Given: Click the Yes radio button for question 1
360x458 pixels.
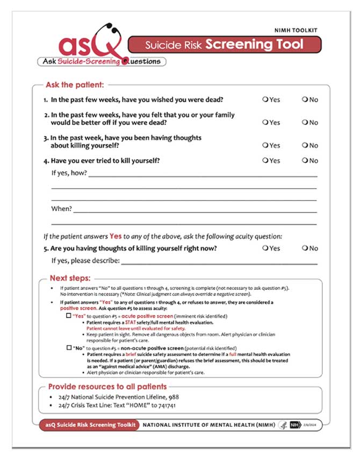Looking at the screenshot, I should [x=265, y=99].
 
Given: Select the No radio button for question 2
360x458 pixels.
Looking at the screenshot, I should [x=305, y=123].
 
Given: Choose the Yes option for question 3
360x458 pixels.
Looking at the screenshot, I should [x=265, y=145].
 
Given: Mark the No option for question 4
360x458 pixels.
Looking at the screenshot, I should [x=305, y=160].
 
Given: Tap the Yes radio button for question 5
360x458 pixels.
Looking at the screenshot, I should [x=265, y=248].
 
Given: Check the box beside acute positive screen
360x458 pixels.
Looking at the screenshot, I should [x=68, y=317].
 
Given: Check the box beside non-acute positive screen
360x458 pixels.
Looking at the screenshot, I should [x=68, y=348].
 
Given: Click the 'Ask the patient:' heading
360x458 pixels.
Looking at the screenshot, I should [x=75, y=85].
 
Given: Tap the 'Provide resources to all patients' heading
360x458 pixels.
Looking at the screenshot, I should [x=107, y=387].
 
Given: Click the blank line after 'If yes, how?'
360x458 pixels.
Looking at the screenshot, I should [x=203, y=175].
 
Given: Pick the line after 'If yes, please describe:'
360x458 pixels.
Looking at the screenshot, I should [x=219, y=263].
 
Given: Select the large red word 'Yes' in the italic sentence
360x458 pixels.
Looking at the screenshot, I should [x=116, y=236].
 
